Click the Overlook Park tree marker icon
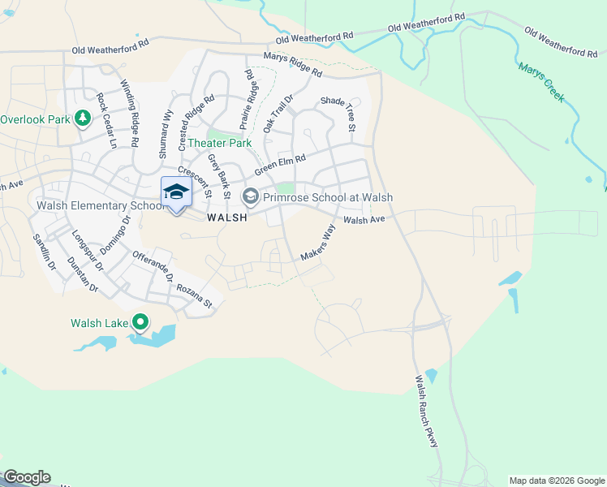tap(82, 119)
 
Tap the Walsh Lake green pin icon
tap(140, 323)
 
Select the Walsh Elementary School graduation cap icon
tap(176, 192)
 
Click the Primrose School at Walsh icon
tap(251, 196)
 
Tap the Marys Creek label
tap(542, 83)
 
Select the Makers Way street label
tap(317, 242)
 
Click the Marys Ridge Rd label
tap(292, 65)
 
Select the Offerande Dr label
tap(153, 266)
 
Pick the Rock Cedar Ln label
tap(106, 121)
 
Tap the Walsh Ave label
tap(362, 219)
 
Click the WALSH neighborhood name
tap(226, 218)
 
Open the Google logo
tap(26, 477)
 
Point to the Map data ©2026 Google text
tap(557, 481)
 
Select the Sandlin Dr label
tap(42, 252)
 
